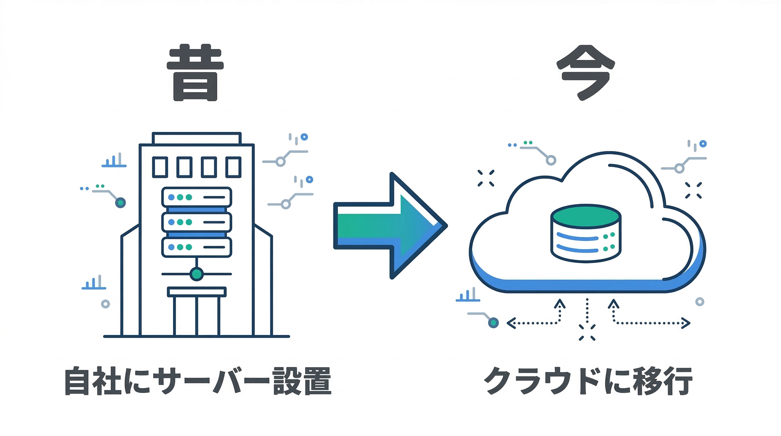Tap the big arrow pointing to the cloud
coord(391,226)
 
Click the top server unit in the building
coord(196,197)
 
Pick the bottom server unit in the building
coord(196,247)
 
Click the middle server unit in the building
coord(196,222)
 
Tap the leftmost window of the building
coord(160,167)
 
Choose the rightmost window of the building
coord(233,167)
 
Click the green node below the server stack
coord(196,274)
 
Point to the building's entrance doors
coord(196,315)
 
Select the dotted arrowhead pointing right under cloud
coord(686,323)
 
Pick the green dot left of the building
coord(120,203)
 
